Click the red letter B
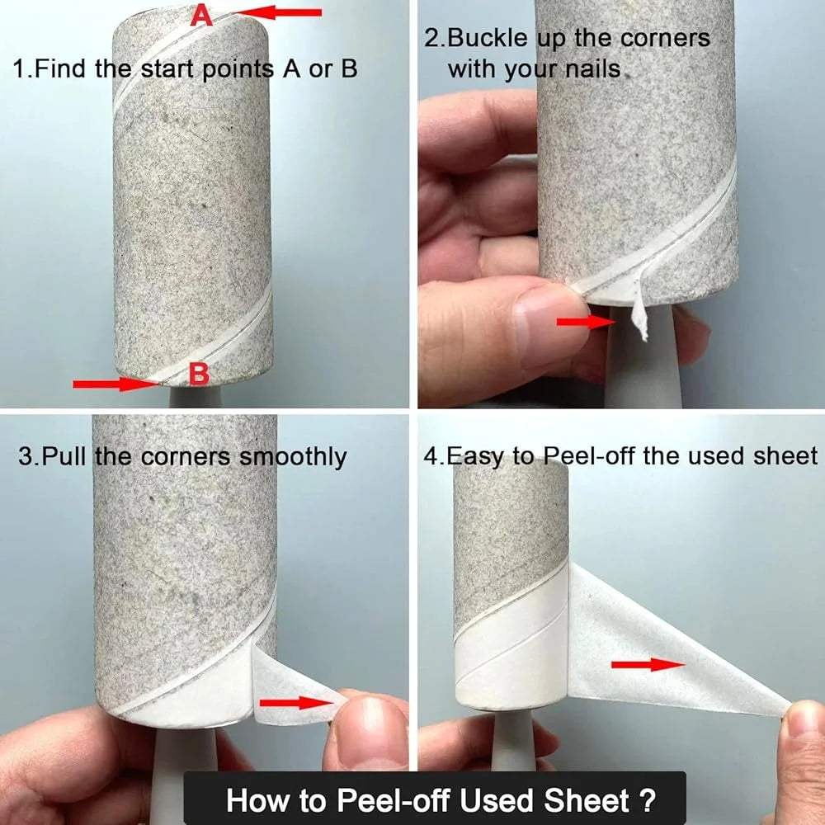(x=199, y=375)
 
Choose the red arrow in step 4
(x=648, y=664)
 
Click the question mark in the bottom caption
(x=647, y=800)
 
